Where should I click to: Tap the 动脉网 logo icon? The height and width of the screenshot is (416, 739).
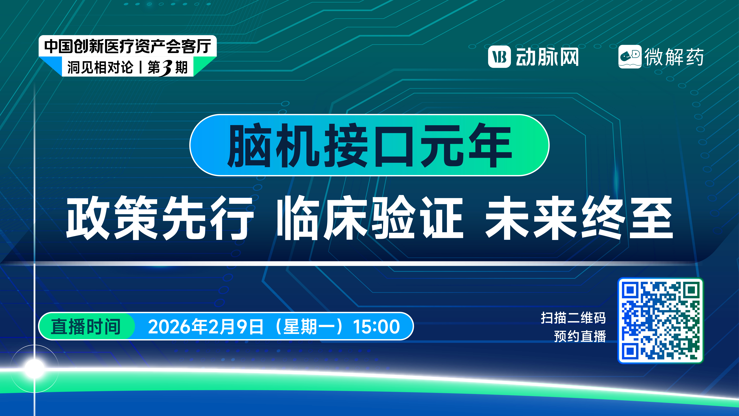tap(499, 57)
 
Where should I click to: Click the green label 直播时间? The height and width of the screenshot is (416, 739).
tap(85, 326)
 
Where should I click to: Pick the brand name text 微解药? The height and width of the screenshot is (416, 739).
tap(674, 57)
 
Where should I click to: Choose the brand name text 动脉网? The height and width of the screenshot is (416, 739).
tap(547, 57)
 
